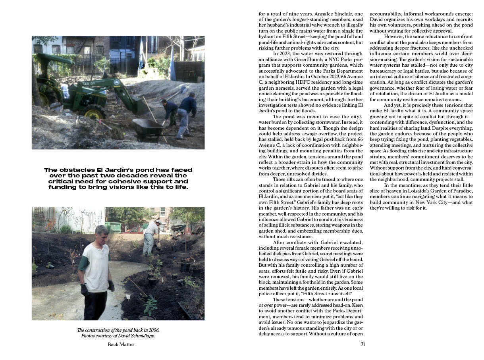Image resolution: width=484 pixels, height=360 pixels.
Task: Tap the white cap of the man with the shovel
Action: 158,221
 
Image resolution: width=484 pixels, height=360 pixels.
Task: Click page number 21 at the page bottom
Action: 363,344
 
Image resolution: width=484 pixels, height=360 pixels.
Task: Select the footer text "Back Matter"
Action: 121,345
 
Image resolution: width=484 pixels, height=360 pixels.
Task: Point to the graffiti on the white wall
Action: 79,218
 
